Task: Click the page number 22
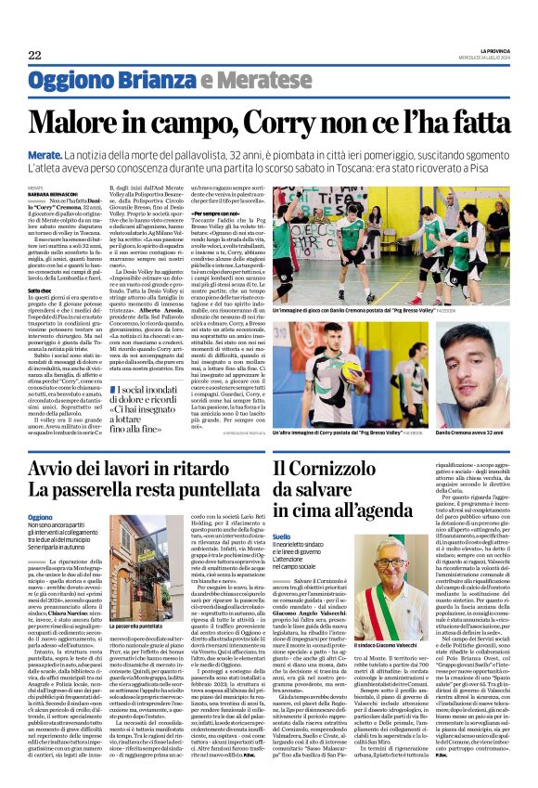[34, 55]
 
